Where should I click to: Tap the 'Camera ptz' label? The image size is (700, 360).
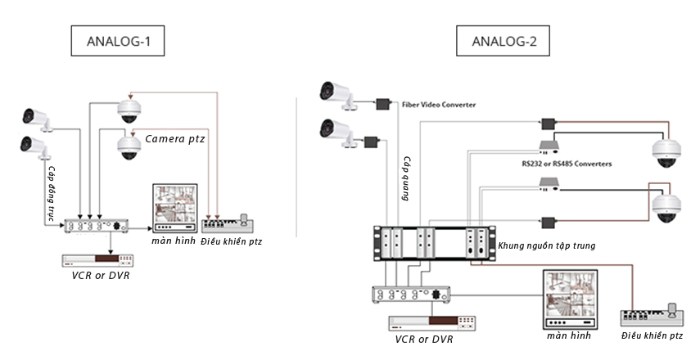coord(174,140)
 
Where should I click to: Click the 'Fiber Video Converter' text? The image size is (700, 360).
coord(439,106)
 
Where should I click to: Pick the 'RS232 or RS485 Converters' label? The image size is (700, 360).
coord(567,164)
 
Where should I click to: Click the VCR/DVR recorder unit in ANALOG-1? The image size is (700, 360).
coord(97,259)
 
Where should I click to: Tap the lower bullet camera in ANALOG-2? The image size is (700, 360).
coord(338,132)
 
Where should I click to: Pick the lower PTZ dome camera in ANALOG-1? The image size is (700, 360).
coord(129,146)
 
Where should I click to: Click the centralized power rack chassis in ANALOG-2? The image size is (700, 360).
coord(431,242)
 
